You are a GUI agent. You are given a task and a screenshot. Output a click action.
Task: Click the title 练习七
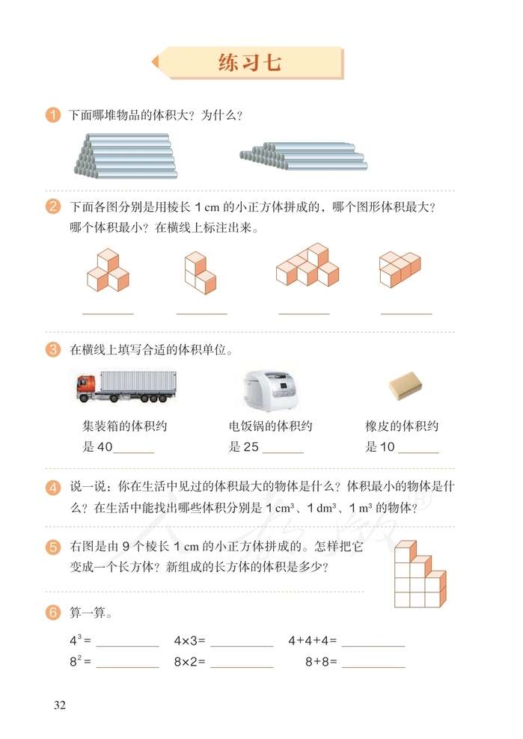(250, 63)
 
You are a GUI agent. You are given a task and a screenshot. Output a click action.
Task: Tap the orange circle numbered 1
(53, 116)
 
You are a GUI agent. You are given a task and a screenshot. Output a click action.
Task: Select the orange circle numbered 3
(53, 349)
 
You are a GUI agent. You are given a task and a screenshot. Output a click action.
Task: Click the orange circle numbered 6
(53, 613)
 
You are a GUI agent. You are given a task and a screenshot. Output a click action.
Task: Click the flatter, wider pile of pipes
(302, 155)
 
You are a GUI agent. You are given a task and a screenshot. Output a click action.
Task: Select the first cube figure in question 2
(108, 272)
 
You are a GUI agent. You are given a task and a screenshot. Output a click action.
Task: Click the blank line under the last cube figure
(406, 313)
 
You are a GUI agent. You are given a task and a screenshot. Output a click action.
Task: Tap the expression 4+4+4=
(313, 641)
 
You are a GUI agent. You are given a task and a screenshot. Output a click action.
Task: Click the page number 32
(60, 705)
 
